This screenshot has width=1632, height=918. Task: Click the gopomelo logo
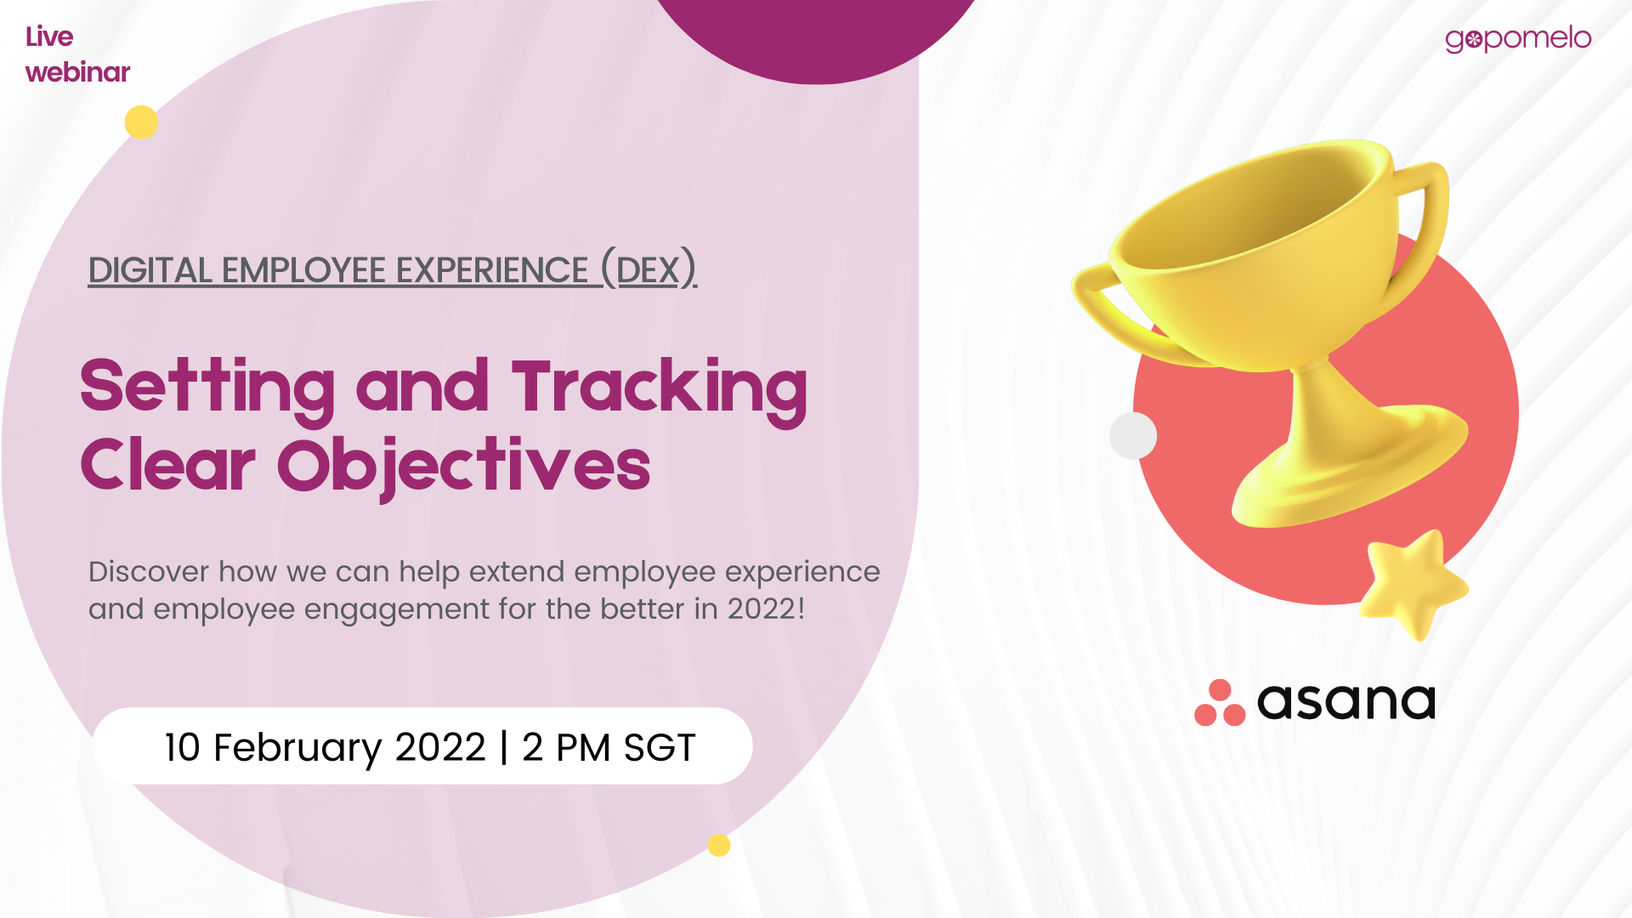tap(1518, 39)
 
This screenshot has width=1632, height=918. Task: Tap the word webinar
tap(77, 72)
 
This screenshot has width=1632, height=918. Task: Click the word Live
tap(49, 37)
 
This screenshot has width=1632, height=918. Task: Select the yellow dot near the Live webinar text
tap(141, 122)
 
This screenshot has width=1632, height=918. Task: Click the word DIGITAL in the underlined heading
tap(150, 270)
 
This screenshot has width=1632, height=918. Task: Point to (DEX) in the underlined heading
tap(649, 269)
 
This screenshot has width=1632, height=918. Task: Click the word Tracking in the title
tap(659, 389)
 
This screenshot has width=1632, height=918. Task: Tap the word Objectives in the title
tap(464, 467)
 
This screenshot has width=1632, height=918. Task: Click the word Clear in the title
tap(167, 465)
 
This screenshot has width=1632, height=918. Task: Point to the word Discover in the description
tap(149, 571)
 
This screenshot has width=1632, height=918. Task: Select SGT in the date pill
tap(660, 747)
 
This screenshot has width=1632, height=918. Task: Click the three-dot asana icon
tap(1220, 703)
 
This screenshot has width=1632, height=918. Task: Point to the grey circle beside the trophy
tap(1133, 435)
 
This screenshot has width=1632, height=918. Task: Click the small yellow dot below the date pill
tap(719, 845)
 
